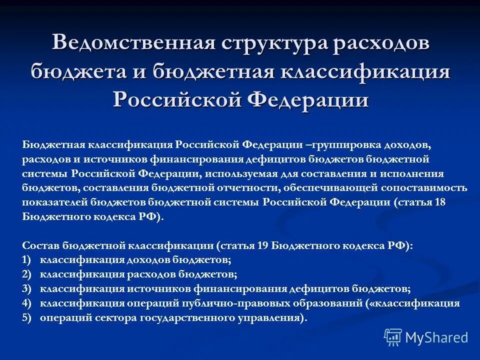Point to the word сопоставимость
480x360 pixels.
coord(424,188)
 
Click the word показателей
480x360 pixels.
coord(55,202)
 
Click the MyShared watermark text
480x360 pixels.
coord(436,337)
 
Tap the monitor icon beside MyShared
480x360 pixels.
coord(393,337)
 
